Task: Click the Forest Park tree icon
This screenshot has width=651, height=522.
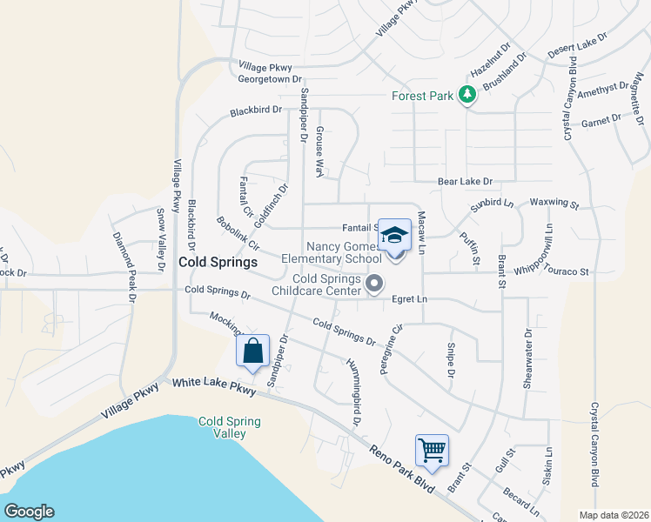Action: pyautogui.click(x=467, y=95)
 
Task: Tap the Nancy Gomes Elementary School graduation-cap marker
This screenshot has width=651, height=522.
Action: pyautogui.click(x=394, y=237)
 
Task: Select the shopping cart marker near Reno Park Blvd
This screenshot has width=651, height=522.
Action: pyautogui.click(x=432, y=451)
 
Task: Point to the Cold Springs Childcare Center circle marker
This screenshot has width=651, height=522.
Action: pyautogui.click(x=375, y=283)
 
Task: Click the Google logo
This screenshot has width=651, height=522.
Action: pyautogui.click(x=29, y=512)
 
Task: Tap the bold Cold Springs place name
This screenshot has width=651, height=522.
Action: pyautogui.click(x=218, y=262)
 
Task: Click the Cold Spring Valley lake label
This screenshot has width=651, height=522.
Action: pyautogui.click(x=230, y=427)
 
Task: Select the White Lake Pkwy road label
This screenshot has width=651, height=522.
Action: pyautogui.click(x=214, y=387)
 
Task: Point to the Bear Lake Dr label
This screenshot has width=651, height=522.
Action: pyautogui.click(x=465, y=182)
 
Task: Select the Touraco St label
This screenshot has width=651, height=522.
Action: pyautogui.click(x=566, y=271)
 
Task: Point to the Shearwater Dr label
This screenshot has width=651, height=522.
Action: pyautogui.click(x=527, y=358)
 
